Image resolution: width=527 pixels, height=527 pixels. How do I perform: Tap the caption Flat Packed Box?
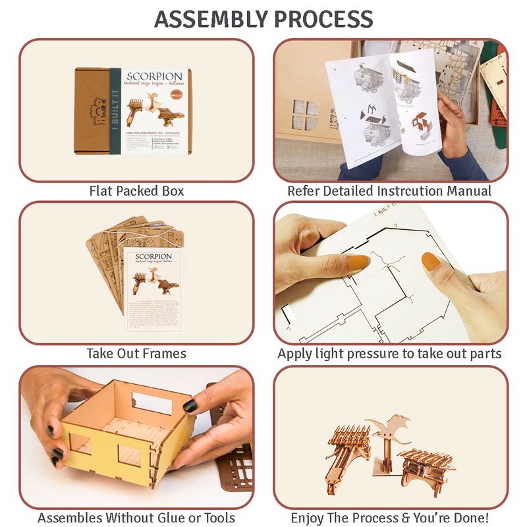pyautogui.click(x=136, y=191)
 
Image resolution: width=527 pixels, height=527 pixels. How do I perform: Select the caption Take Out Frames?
pyautogui.click(x=136, y=354)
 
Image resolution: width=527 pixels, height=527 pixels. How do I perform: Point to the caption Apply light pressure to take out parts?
pyautogui.click(x=389, y=354)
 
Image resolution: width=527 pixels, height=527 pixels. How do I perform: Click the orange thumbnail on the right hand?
pyautogui.click(x=431, y=262)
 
